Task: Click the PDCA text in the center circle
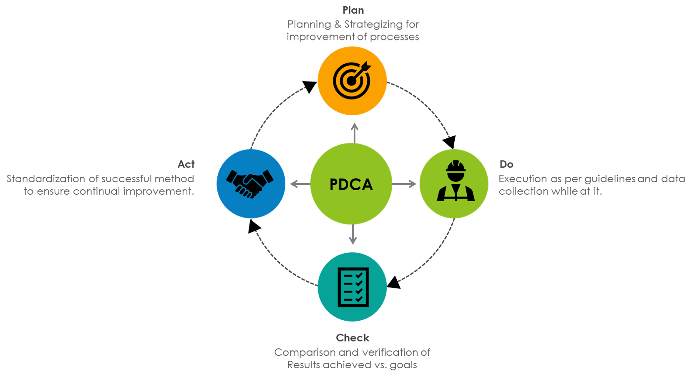tap(351, 184)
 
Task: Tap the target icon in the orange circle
tap(352, 80)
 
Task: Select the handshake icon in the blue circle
tap(250, 183)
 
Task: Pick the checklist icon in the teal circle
tap(353, 287)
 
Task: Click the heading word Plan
tap(353, 10)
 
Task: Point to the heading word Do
tap(506, 164)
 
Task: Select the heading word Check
tap(353, 338)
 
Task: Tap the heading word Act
tap(186, 164)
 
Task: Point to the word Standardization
tap(46, 179)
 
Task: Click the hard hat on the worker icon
tap(456, 166)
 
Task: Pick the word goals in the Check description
tap(403, 365)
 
